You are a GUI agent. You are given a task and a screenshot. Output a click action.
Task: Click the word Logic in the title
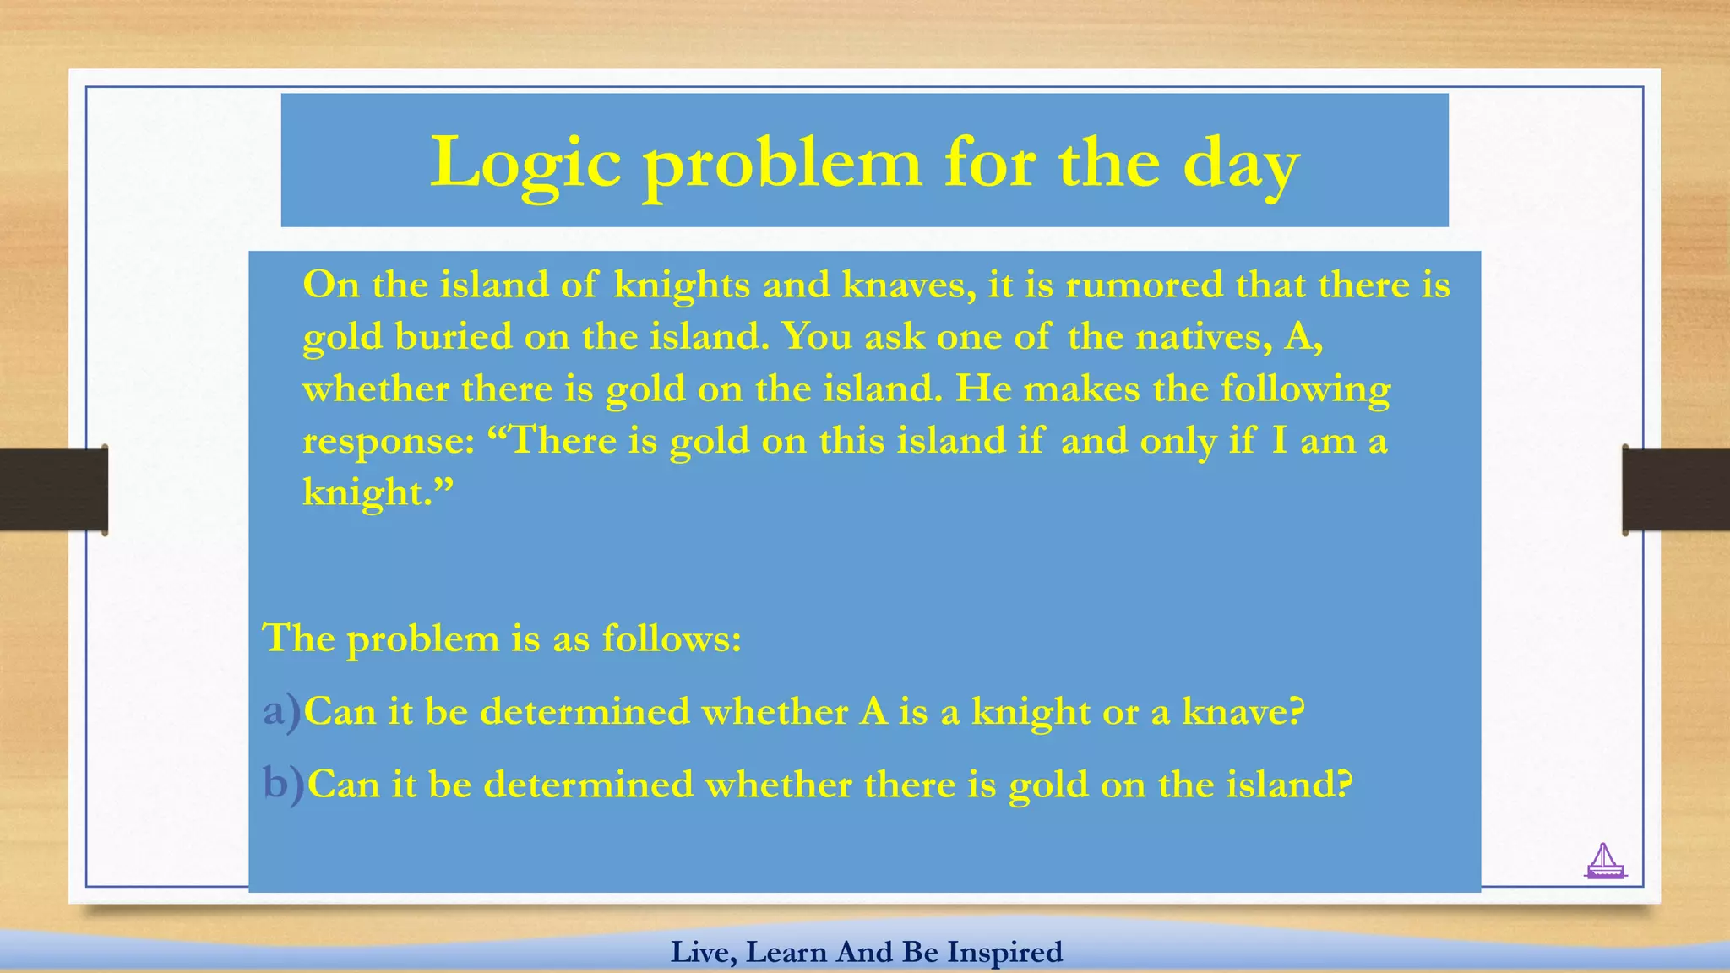tap(525, 163)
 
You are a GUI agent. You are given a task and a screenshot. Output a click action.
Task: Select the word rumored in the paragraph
tap(1144, 285)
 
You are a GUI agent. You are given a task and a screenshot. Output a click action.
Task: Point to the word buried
tap(454, 337)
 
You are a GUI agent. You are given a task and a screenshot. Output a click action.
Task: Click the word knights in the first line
tap(682, 285)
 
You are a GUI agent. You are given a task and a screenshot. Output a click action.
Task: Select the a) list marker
tap(281, 711)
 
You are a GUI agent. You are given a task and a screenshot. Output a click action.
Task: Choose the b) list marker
tap(283, 784)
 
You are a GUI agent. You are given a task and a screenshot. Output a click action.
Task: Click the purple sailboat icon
tap(1604, 862)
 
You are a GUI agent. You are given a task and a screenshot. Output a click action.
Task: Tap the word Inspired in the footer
tap(1004, 952)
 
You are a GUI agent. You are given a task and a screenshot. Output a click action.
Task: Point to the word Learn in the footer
tap(786, 952)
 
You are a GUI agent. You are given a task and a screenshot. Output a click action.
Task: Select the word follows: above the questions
tap(672, 639)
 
